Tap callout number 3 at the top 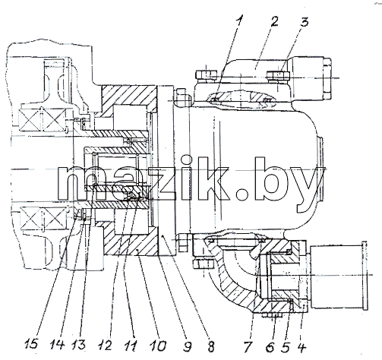pyautogui.click(x=305, y=21)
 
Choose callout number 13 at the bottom pyautogui.click(x=78, y=345)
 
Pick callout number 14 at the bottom pyautogui.click(x=57, y=345)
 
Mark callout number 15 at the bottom pyautogui.click(x=31, y=345)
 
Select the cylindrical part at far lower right pyautogui.click(x=339, y=276)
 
